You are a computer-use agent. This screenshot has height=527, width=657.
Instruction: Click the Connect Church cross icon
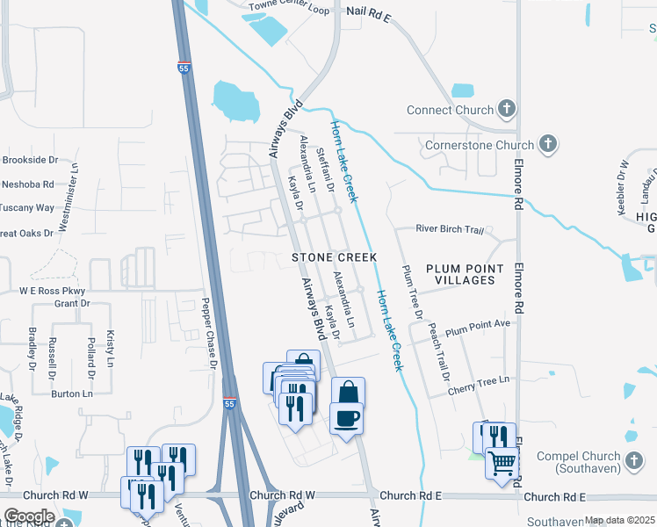[506, 110]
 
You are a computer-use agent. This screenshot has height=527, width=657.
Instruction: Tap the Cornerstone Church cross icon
[546, 144]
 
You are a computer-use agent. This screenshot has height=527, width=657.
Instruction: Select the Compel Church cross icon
[634, 459]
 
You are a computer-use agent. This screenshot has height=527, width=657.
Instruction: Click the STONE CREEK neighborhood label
[334, 257]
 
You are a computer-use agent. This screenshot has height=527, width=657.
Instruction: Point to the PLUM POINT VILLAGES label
[465, 274]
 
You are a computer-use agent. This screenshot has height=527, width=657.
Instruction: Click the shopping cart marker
[502, 461]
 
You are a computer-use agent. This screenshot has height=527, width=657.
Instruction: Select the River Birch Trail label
[450, 230]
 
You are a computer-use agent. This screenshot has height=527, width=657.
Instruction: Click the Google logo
[28, 516]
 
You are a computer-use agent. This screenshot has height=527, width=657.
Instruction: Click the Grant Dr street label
[72, 303]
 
